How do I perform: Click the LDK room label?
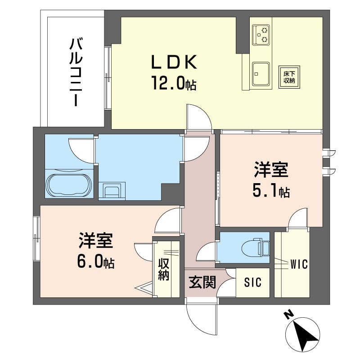pyautogui.click(x=174, y=62)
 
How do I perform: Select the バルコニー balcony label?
pyautogui.click(x=76, y=72)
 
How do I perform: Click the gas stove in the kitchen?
pyautogui.click(x=261, y=35)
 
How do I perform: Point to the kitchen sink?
pyautogui.click(x=261, y=73)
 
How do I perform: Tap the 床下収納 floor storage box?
pyautogui.click(x=289, y=77)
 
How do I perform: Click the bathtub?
pyautogui.click(x=69, y=185)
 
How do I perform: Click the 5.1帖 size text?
pyautogui.click(x=271, y=191)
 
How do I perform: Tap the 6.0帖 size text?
pyautogui.click(x=96, y=262)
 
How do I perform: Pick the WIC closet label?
pyautogui.click(x=299, y=264)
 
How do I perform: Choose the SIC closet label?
pyautogui.click(x=252, y=283)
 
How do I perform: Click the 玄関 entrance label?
pyautogui.click(x=202, y=282)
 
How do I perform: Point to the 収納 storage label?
pyautogui.click(x=164, y=270)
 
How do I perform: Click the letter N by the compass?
pyautogui.click(x=288, y=314)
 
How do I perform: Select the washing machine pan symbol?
pyautogui.click(x=112, y=190)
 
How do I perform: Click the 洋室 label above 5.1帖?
pyautogui.click(x=271, y=170)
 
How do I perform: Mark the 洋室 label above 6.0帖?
pyautogui.click(x=96, y=240)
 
